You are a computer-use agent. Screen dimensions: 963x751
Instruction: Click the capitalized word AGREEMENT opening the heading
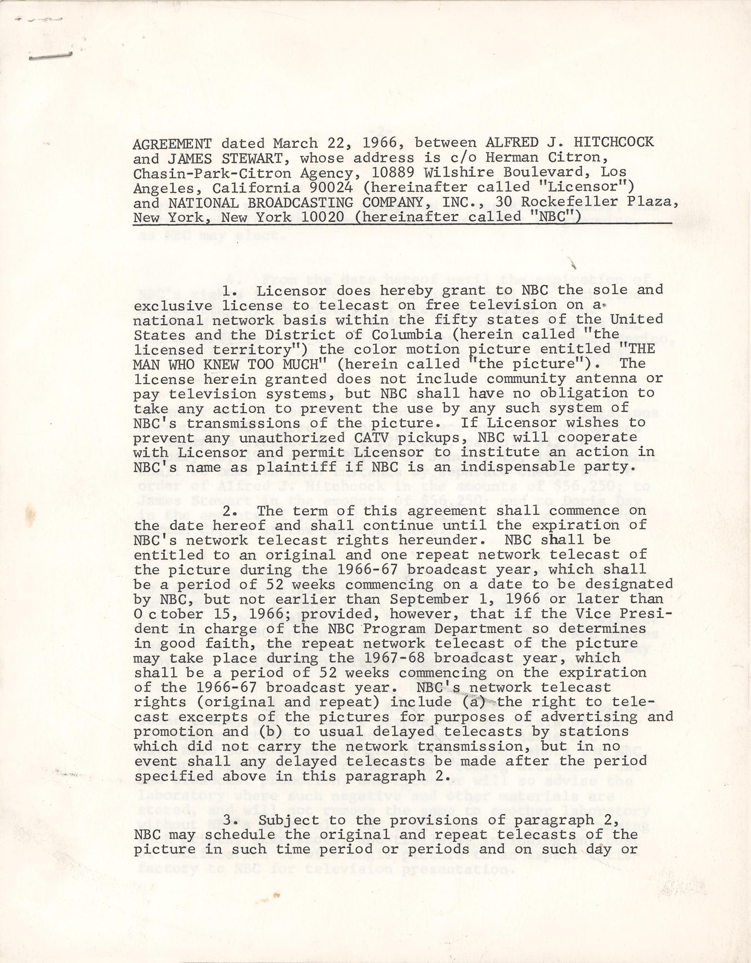coord(172,143)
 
